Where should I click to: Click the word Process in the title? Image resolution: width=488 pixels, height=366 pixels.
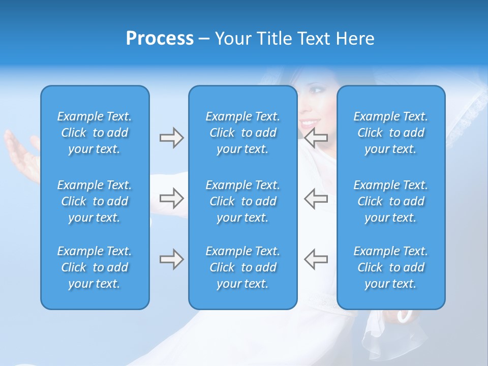tap(160, 39)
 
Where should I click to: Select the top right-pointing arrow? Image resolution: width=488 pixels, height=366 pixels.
tap(171, 138)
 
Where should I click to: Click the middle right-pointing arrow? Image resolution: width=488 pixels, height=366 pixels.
tap(171, 198)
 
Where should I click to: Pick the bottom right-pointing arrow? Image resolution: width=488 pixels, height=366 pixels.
tap(171, 259)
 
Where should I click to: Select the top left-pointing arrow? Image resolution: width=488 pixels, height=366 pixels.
tap(316, 138)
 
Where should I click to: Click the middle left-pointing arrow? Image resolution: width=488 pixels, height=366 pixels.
tap(316, 198)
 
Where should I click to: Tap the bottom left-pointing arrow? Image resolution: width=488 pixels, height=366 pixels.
tap(316, 259)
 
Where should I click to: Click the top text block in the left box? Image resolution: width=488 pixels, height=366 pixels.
tap(95, 133)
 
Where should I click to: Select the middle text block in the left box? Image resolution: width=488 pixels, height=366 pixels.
tap(95, 201)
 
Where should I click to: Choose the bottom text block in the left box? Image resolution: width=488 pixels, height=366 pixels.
tap(95, 267)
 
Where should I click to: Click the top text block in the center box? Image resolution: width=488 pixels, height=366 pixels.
tap(242, 133)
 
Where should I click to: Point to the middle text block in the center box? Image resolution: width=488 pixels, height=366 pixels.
tap(242, 201)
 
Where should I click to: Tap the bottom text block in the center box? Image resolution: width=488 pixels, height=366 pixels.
tap(242, 267)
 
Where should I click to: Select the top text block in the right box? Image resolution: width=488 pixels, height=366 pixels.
tap(390, 133)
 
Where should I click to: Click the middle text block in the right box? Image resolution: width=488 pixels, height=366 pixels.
tap(390, 201)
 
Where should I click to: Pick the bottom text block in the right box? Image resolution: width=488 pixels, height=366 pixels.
tap(390, 267)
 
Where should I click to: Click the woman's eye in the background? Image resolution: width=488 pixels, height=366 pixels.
tap(317, 90)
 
